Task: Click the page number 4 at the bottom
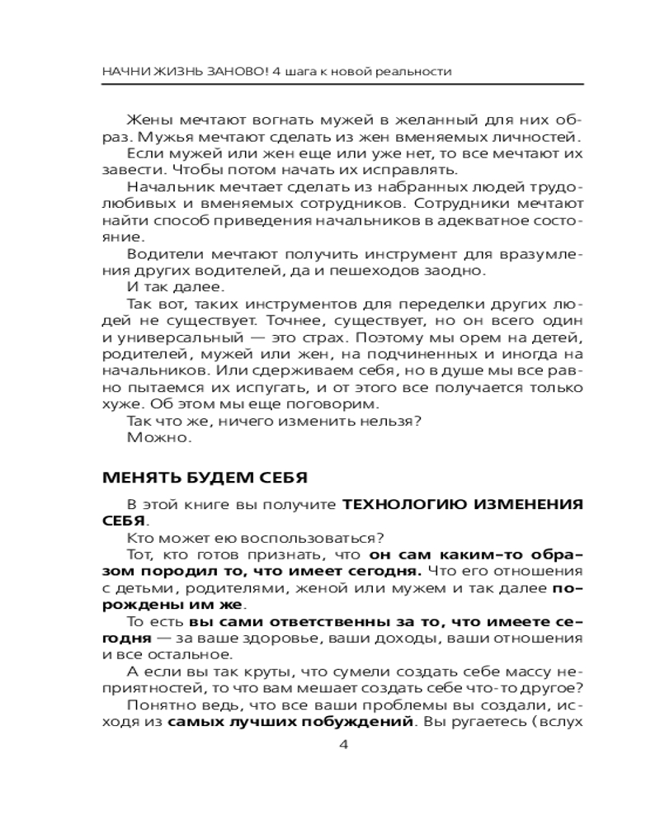pos(344,745)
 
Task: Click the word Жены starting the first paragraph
pos(148,117)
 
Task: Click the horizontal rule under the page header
pos(330,85)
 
